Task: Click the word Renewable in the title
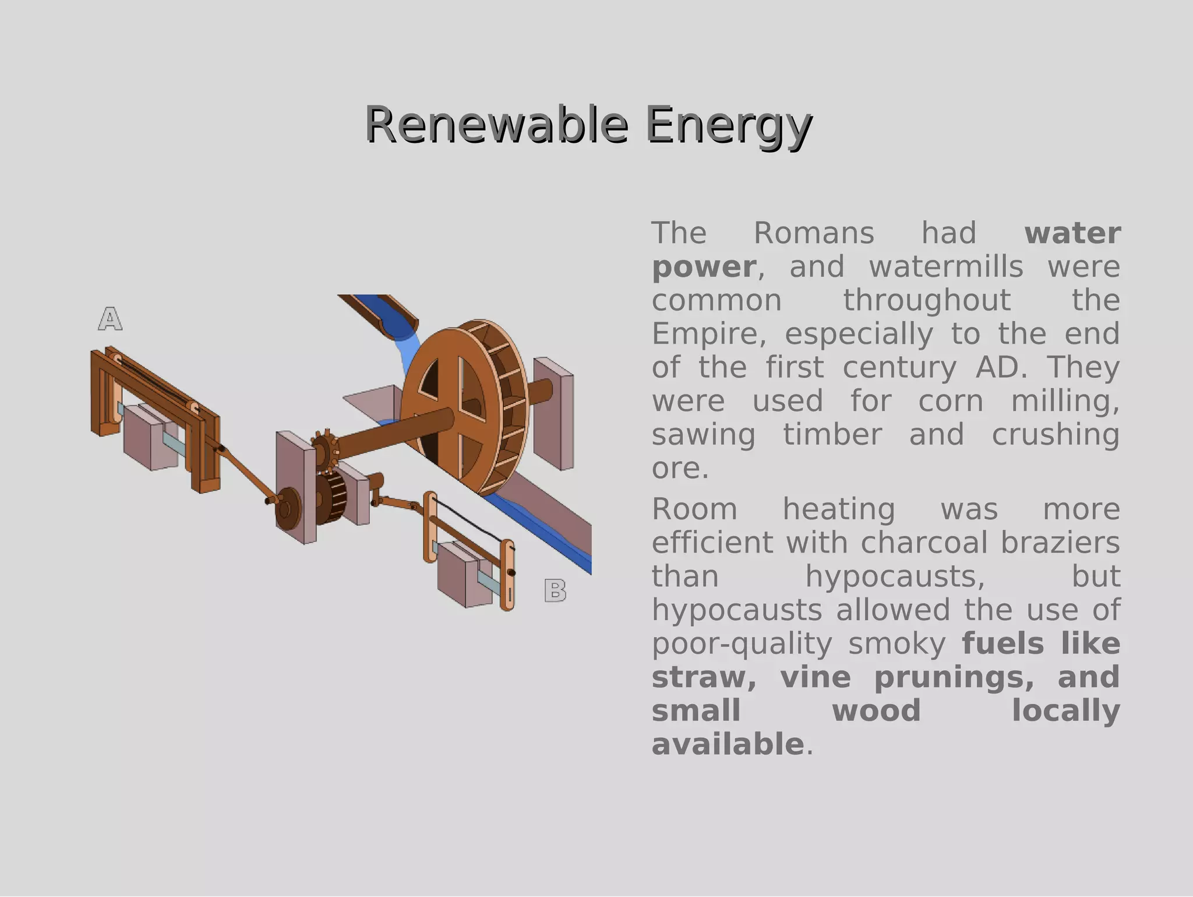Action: [x=496, y=125]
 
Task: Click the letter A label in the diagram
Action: [x=110, y=319]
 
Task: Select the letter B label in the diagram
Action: [x=555, y=590]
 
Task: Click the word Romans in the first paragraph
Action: [x=814, y=233]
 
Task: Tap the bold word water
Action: [x=1072, y=233]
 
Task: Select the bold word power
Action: [x=704, y=267]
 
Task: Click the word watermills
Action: [x=946, y=267]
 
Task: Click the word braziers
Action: [x=1060, y=543]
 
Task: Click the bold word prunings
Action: [x=954, y=677]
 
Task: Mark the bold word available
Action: [x=728, y=744]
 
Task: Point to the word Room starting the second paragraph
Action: [x=694, y=509]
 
